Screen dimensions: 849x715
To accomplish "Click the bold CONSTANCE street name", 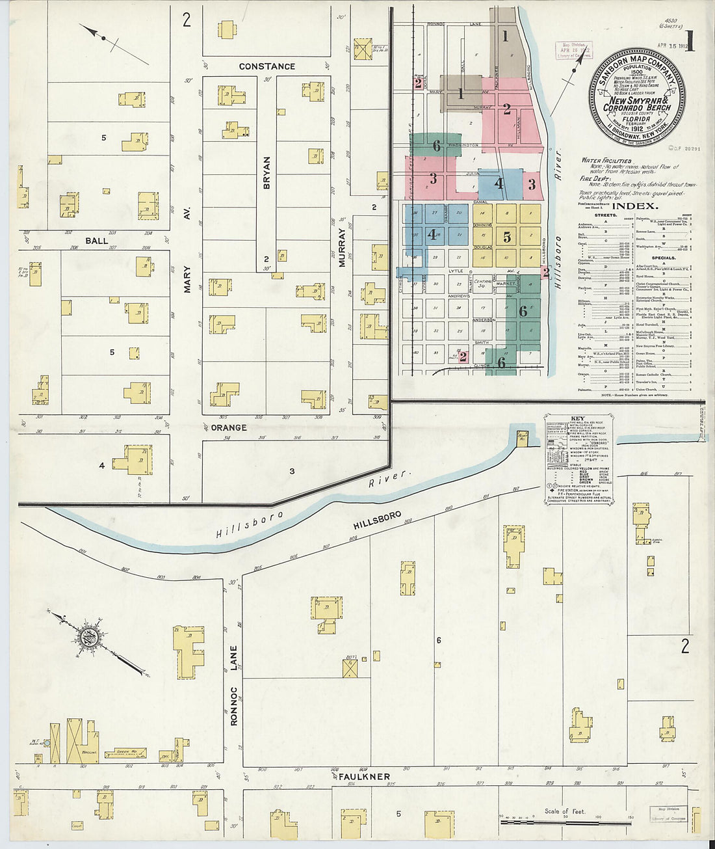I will click(266, 66).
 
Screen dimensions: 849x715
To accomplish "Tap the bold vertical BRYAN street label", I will click(266, 172).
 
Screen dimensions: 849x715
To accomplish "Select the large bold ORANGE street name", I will click(229, 427).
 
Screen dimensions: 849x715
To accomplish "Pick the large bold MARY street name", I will click(187, 278).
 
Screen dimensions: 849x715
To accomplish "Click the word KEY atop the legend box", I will click(578, 419).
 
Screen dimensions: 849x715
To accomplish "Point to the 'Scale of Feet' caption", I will click(565, 811).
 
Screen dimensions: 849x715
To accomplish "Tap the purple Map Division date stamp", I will click(573, 52).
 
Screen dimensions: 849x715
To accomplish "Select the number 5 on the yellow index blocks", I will click(507, 237).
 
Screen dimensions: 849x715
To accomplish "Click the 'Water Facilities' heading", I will click(606, 160).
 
